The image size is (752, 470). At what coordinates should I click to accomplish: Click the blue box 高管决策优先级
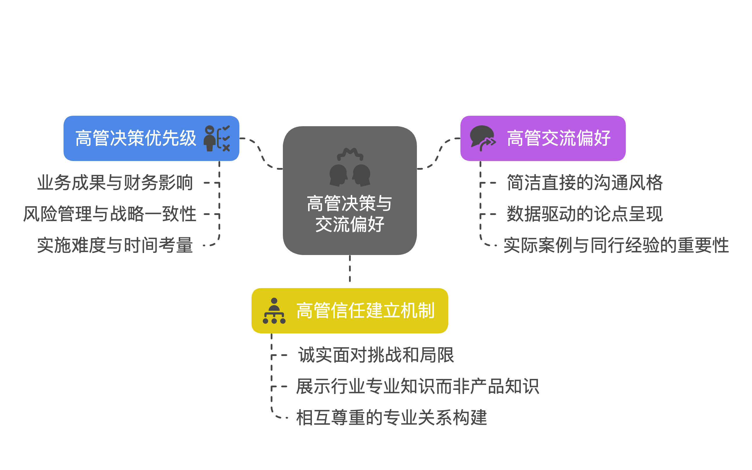click(136, 138)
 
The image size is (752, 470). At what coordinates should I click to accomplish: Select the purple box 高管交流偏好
click(558, 138)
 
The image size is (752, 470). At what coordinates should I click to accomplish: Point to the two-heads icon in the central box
click(350, 168)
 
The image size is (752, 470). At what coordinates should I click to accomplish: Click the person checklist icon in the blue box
click(217, 138)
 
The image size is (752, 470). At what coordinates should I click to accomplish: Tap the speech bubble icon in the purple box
click(482, 138)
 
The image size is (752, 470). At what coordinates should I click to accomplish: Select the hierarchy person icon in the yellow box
click(274, 310)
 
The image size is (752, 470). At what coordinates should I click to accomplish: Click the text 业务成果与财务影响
click(115, 182)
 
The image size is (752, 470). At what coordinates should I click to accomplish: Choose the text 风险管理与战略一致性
click(110, 214)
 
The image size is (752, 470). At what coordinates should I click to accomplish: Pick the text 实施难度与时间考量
click(115, 245)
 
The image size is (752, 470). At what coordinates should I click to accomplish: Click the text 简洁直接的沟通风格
click(585, 182)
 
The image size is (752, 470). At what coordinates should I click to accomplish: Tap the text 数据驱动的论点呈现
click(585, 214)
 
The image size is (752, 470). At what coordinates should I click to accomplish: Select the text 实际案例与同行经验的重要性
click(616, 245)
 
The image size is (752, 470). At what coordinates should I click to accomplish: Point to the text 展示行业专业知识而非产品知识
click(417, 386)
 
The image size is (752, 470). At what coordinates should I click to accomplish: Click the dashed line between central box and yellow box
click(350, 269)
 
